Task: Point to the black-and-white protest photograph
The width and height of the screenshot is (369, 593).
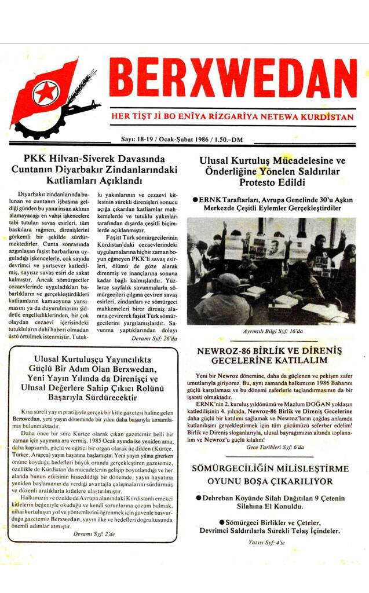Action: [x=271, y=270]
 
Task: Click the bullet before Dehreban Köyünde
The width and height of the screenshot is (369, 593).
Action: [x=199, y=497]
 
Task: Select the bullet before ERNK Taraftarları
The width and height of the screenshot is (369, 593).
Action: [x=195, y=199]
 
